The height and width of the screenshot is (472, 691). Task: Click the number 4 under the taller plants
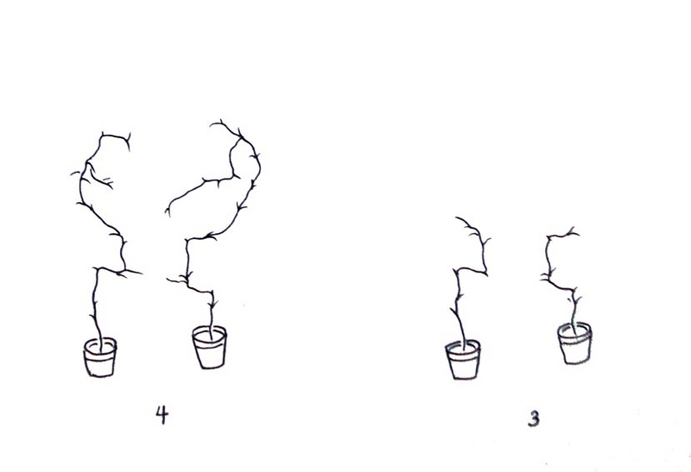pos(162,415)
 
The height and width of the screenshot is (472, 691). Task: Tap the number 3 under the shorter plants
pos(533,419)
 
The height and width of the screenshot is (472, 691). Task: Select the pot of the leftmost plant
pos(100,357)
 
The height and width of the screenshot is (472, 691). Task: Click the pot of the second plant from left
pos(210,347)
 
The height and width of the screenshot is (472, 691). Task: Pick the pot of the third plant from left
pos(463,359)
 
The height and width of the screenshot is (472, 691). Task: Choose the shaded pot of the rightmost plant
pos(574,343)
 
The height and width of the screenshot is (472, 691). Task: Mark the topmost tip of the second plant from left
pos(210,124)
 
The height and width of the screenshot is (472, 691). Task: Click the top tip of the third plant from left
pos(456,217)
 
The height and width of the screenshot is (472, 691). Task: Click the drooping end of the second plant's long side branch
pos(168,217)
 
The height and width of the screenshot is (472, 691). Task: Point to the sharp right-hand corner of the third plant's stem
pos(486,274)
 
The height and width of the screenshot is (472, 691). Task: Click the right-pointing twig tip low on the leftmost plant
pos(142,274)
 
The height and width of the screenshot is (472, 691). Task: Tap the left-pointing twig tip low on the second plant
pos(167,279)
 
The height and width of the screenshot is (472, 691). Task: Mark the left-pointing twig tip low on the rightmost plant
pos(541,278)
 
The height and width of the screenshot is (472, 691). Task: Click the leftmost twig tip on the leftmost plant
pos(71,175)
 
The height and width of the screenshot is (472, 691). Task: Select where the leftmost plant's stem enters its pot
pos(101,347)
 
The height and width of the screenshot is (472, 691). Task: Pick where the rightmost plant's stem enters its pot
pos(572,328)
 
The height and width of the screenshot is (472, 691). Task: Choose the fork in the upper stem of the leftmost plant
pos(87,164)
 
